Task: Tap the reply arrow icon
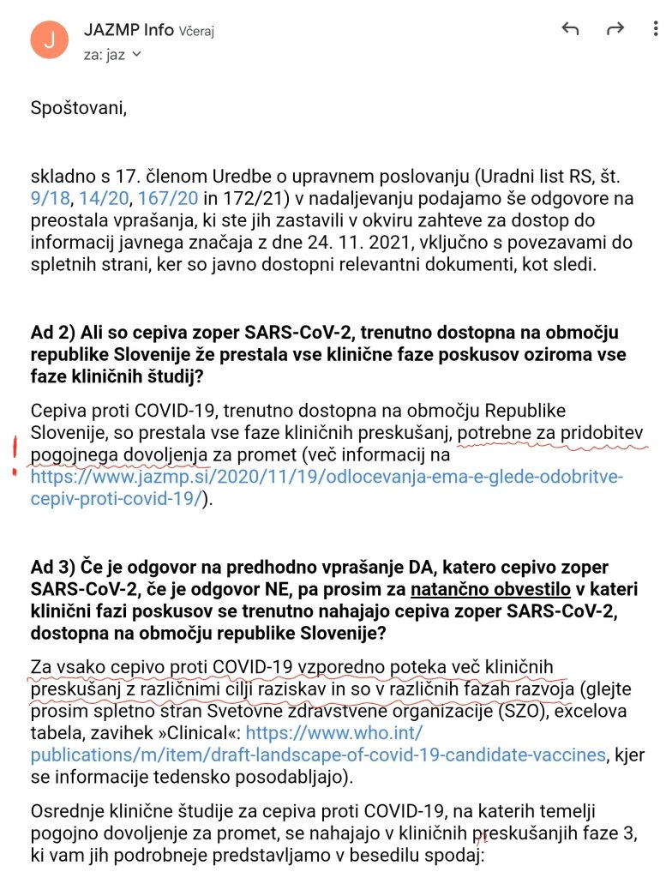pos(570,29)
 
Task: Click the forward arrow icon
pos(615,29)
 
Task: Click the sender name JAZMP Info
pos(128,30)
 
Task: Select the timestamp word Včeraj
pos(196,32)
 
